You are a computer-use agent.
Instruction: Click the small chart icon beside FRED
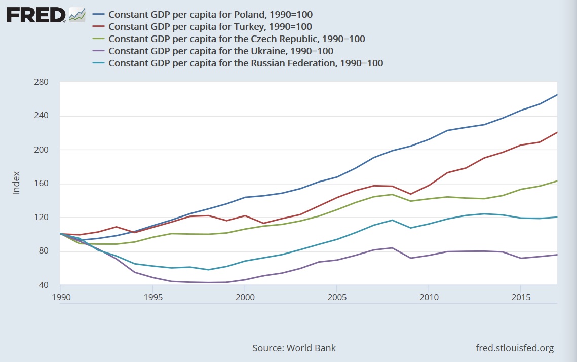coord(77,15)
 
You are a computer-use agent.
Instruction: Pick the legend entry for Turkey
coord(210,26)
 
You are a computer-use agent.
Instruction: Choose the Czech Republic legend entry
coord(237,39)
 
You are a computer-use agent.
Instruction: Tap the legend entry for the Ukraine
coord(221,51)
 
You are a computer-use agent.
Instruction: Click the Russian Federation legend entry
coord(246,63)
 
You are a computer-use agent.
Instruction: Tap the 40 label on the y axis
coord(44,285)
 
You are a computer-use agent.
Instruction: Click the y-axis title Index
coord(16,183)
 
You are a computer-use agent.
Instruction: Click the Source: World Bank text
coord(294,348)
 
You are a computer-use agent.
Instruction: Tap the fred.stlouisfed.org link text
coord(515,348)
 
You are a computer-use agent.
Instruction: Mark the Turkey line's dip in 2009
coord(410,194)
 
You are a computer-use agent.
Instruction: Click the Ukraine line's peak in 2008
coord(392,248)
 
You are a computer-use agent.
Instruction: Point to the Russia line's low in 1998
coord(208,270)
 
